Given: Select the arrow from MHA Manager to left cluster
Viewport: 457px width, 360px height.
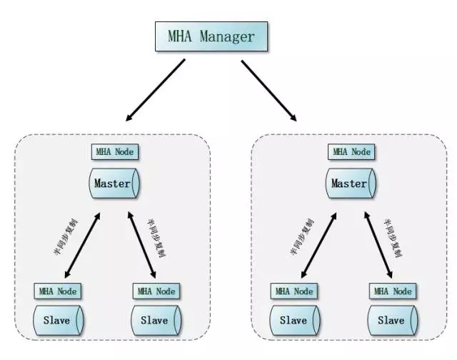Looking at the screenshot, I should pos(155,89).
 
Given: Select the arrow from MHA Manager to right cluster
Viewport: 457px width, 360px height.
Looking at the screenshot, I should pos(269,89).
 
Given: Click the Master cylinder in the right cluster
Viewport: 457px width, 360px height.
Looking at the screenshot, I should pos(351,184).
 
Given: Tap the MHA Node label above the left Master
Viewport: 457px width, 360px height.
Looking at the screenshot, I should pos(114,152).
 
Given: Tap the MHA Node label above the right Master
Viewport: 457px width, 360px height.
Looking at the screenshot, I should pos(351,152).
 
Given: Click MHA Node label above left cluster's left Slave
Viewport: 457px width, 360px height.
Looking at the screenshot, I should pos(58,291).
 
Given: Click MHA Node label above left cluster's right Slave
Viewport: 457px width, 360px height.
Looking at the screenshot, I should pos(156,291).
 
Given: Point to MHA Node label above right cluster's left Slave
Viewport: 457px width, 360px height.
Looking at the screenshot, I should pos(294,291).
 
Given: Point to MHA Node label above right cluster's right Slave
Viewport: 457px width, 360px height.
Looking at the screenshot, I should pos(392,291).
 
